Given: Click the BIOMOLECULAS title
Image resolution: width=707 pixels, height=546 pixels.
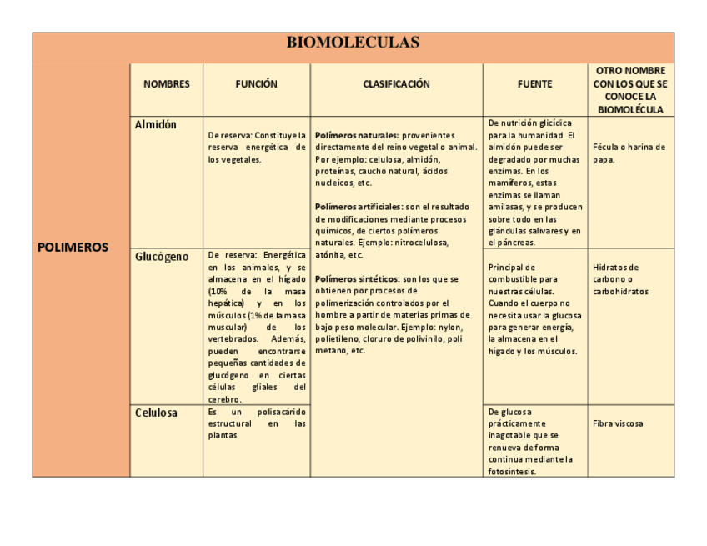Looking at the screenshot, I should coord(353,43).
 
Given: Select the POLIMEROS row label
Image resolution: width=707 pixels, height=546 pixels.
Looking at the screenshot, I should coord(73,247).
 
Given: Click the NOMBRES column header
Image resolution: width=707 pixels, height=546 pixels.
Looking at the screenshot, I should coord(167,84).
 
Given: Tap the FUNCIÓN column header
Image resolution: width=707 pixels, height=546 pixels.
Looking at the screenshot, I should coord(256,84).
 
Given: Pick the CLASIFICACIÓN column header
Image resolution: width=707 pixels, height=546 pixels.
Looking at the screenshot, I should coord(396,84).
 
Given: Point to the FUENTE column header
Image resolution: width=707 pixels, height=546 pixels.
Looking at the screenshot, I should coord(534,84).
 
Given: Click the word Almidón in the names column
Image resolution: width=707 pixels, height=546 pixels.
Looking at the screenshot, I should coord(156,125).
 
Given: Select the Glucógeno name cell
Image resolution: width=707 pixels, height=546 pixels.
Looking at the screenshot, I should coord(162,257).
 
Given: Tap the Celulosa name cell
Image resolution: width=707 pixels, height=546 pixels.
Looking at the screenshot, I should coord(156,413).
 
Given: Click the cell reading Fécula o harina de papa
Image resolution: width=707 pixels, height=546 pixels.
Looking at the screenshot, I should coord(629,153).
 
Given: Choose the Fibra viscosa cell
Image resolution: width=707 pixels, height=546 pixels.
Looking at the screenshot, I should coord(618,423).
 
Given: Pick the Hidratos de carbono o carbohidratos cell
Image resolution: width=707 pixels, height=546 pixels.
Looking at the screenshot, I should coord(620,279).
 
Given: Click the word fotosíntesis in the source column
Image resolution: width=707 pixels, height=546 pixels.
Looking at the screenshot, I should coord(512,472).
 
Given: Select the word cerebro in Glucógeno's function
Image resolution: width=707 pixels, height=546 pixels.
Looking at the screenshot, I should coord(224,399).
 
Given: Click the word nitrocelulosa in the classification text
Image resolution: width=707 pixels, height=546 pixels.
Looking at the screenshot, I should coord(421,243).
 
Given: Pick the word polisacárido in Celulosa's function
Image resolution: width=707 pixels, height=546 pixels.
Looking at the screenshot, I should coord(281,412).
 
